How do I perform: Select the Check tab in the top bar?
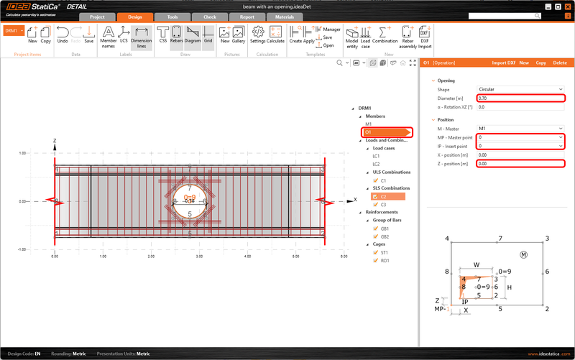click(210, 16)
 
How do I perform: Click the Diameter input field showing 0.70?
click(520, 98)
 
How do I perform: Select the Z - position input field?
click(520, 163)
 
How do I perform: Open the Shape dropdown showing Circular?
click(520, 89)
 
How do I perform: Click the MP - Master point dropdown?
click(520, 137)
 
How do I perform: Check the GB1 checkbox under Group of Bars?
click(374, 228)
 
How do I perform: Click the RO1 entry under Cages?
click(385, 261)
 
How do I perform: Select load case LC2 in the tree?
click(376, 164)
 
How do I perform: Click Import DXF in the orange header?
click(503, 63)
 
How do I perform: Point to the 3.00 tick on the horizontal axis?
click(199, 256)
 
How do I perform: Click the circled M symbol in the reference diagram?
click(523, 254)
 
